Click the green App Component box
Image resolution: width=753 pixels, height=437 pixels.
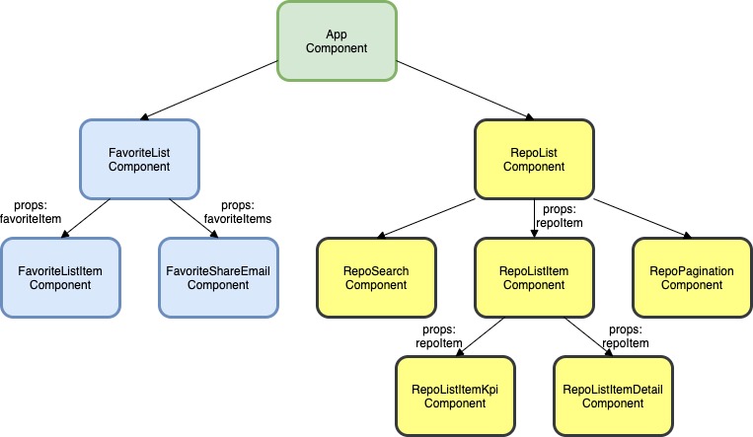pos(336,40)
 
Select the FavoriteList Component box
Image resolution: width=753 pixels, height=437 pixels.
pos(139,159)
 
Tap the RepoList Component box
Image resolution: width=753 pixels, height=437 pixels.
pos(533,159)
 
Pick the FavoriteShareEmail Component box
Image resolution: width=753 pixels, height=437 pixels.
pos(217,277)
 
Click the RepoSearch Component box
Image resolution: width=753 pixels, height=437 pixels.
pos(375,277)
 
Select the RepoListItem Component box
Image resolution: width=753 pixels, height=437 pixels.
pos(533,277)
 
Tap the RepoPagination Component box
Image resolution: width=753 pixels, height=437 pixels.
pos(691,277)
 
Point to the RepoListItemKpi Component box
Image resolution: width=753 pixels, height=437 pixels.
pos(454,396)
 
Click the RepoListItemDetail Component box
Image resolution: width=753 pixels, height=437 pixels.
pos(612,396)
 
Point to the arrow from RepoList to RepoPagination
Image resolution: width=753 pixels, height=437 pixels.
pos(639,217)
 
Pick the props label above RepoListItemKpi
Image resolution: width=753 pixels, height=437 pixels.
pos(436,336)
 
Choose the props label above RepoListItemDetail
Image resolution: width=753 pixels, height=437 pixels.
pos(625,336)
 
